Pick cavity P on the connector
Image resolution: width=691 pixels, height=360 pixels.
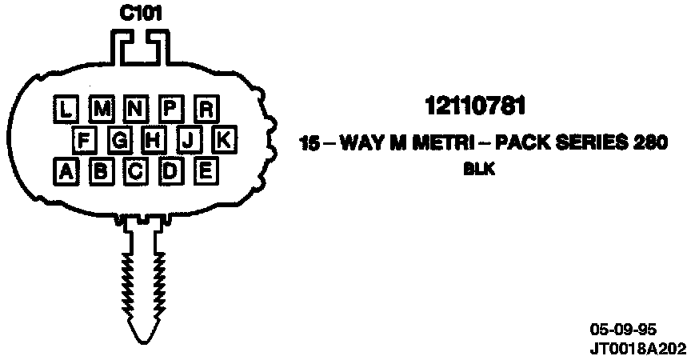[170, 108]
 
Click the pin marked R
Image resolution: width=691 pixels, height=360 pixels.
[206, 108]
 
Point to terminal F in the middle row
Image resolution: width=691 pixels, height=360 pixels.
[84, 140]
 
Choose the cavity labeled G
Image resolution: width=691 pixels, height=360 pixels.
[119, 140]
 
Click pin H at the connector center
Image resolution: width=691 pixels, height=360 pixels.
[154, 140]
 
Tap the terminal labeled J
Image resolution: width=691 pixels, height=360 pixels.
[189, 140]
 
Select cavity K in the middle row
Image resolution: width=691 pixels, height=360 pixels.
[223, 140]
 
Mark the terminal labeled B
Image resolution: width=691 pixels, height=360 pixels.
[101, 171]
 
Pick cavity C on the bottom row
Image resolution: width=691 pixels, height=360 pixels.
[135, 171]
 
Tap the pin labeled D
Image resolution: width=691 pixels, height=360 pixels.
[170, 171]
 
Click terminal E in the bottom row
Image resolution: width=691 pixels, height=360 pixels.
[205, 170]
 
